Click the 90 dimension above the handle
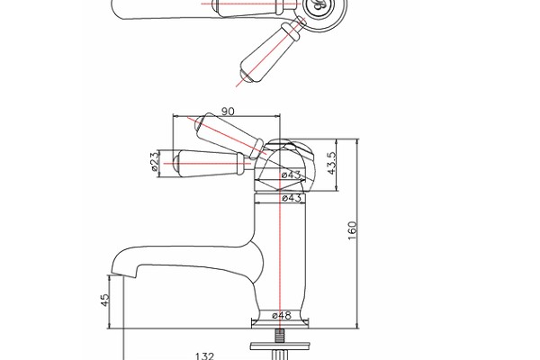point(227,111)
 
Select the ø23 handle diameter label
point(155,161)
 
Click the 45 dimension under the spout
point(104,299)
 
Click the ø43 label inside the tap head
point(291,175)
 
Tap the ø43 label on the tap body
point(291,198)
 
